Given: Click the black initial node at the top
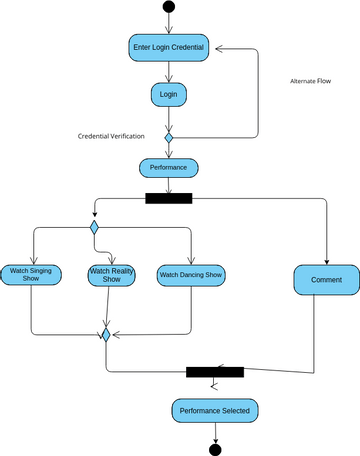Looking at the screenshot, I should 168,8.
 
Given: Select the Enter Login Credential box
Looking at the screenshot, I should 168,48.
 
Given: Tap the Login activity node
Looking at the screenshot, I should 168,95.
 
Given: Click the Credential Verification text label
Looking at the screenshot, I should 111,135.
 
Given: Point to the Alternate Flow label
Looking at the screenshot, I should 311,81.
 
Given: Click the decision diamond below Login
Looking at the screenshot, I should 168,136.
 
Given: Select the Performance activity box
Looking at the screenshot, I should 168,167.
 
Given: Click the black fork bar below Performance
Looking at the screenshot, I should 168,198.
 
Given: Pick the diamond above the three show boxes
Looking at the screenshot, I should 94,228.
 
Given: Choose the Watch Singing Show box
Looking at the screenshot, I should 31,275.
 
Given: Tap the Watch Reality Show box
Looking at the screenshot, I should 112,275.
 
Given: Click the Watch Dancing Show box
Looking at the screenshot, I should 190,274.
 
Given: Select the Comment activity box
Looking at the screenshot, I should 326,280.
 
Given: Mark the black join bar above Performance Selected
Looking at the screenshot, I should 214,372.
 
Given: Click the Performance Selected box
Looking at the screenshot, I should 214,410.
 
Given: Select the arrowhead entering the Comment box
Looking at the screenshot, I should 326,261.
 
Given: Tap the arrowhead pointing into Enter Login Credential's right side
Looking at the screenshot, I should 217,48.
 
